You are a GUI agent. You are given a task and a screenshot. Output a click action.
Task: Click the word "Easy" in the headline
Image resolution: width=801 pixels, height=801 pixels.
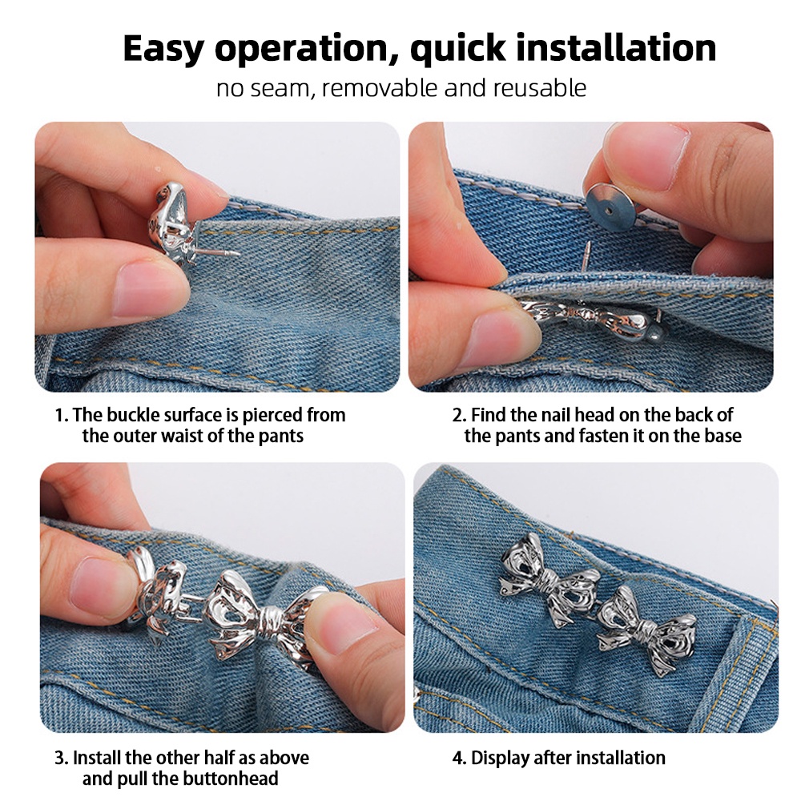point(163,49)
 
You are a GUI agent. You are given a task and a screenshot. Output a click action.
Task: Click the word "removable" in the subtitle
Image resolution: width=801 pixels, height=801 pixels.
point(380,88)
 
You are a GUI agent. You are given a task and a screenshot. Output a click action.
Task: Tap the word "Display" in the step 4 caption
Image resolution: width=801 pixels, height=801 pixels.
point(499,758)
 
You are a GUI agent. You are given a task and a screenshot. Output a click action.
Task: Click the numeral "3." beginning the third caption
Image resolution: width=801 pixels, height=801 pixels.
point(62,758)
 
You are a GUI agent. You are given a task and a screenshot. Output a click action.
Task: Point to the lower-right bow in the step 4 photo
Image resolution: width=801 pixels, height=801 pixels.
point(646,631)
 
